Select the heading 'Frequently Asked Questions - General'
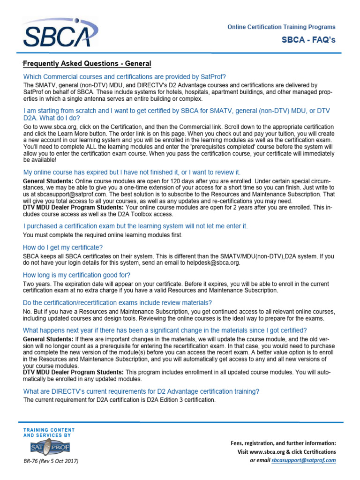point(87,64)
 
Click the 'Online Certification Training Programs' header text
point(281,27)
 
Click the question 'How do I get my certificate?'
point(63,247)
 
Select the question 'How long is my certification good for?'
point(77,275)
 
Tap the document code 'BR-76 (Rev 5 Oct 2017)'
point(51,461)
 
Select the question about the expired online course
point(132,172)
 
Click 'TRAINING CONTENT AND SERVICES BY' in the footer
point(49,432)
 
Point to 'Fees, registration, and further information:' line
point(284,443)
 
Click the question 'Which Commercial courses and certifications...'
point(125,76)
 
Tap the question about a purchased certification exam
point(135,226)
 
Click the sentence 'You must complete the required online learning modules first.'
point(103,235)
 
